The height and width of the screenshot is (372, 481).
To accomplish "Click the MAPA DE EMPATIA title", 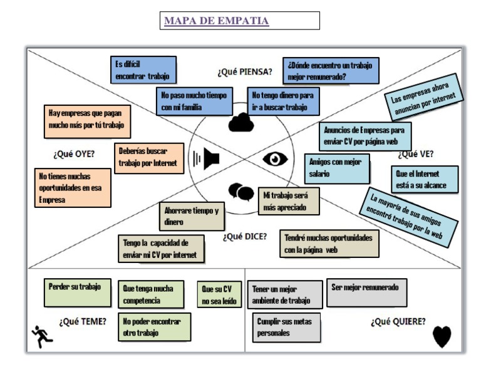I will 216,21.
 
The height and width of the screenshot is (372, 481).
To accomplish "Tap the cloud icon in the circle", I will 240,123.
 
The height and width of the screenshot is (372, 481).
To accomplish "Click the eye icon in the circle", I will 275,159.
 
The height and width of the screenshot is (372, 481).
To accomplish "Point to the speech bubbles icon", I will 241,192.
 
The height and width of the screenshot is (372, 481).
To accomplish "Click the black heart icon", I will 442,338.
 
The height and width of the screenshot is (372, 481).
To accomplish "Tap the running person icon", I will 42,336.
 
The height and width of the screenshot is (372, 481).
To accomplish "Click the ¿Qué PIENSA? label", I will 244,71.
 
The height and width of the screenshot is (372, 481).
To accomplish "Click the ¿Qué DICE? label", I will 244,236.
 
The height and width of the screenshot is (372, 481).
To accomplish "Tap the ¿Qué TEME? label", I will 83,321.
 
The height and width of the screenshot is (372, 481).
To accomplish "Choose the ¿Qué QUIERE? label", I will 398,321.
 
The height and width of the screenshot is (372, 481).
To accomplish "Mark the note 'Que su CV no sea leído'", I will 217,295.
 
